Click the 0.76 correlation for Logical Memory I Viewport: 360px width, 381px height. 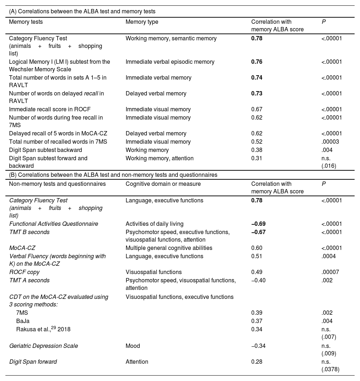(x=257, y=62)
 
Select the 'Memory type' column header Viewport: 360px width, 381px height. (x=142, y=22)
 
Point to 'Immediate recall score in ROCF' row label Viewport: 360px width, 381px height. (x=49, y=109)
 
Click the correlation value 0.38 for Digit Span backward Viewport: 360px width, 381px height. (x=257, y=150)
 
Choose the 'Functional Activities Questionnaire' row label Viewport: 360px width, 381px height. (x=54, y=224)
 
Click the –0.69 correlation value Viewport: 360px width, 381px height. (x=258, y=224)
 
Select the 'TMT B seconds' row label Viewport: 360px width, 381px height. (x=30, y=232)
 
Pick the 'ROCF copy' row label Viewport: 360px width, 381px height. (x=24, y=272)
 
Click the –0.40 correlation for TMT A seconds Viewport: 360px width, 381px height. (x=258, y=281)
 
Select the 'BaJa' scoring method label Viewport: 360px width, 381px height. (x=23, y=321)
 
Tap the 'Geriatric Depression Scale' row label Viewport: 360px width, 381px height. (x=44, y=346)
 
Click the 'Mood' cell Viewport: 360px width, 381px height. (x=132, y=346)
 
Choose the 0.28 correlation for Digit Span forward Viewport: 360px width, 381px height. (x=257, y=362)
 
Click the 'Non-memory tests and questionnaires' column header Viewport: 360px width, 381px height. (x=57, y=184)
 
